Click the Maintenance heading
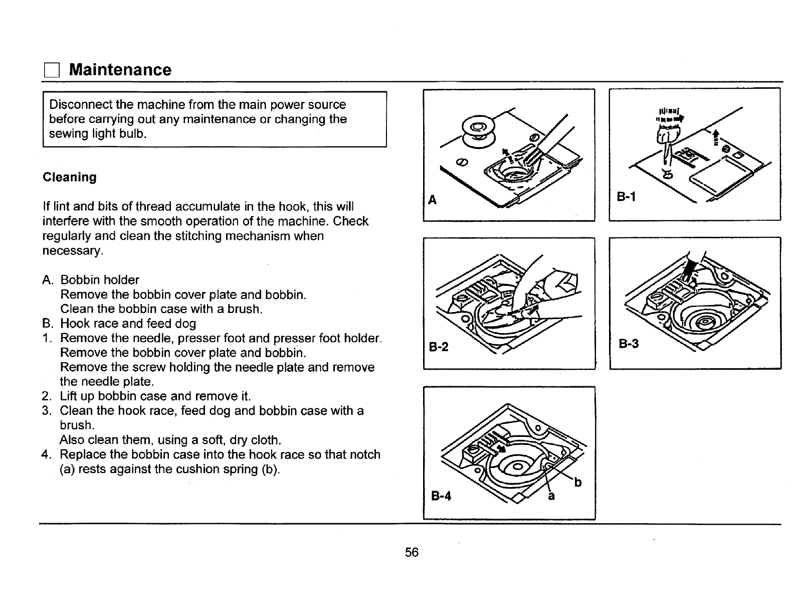click(120, 69)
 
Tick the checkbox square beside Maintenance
click(51, 70)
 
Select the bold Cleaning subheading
click(70, 177)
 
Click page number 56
click(412, 552)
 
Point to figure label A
click(432, 200)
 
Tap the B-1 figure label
click(626, 197)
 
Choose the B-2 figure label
click(439, 347)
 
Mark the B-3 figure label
click(629, 344)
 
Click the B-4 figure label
click(441, 497)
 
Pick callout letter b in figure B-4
click(578, 483)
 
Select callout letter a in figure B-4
click(551, 496)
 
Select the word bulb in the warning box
click(132, 133)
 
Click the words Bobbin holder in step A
click(100, 279)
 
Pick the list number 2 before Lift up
click(46, 396)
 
